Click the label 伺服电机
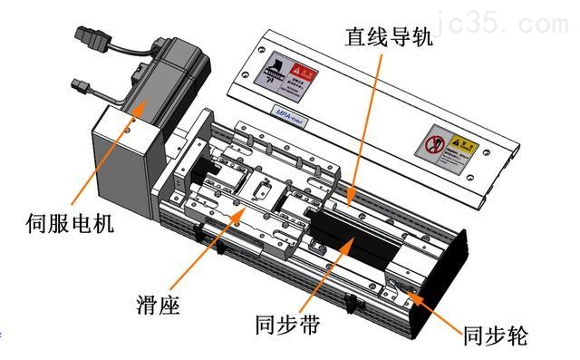click(72, 221)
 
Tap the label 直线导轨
click(389, 38)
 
